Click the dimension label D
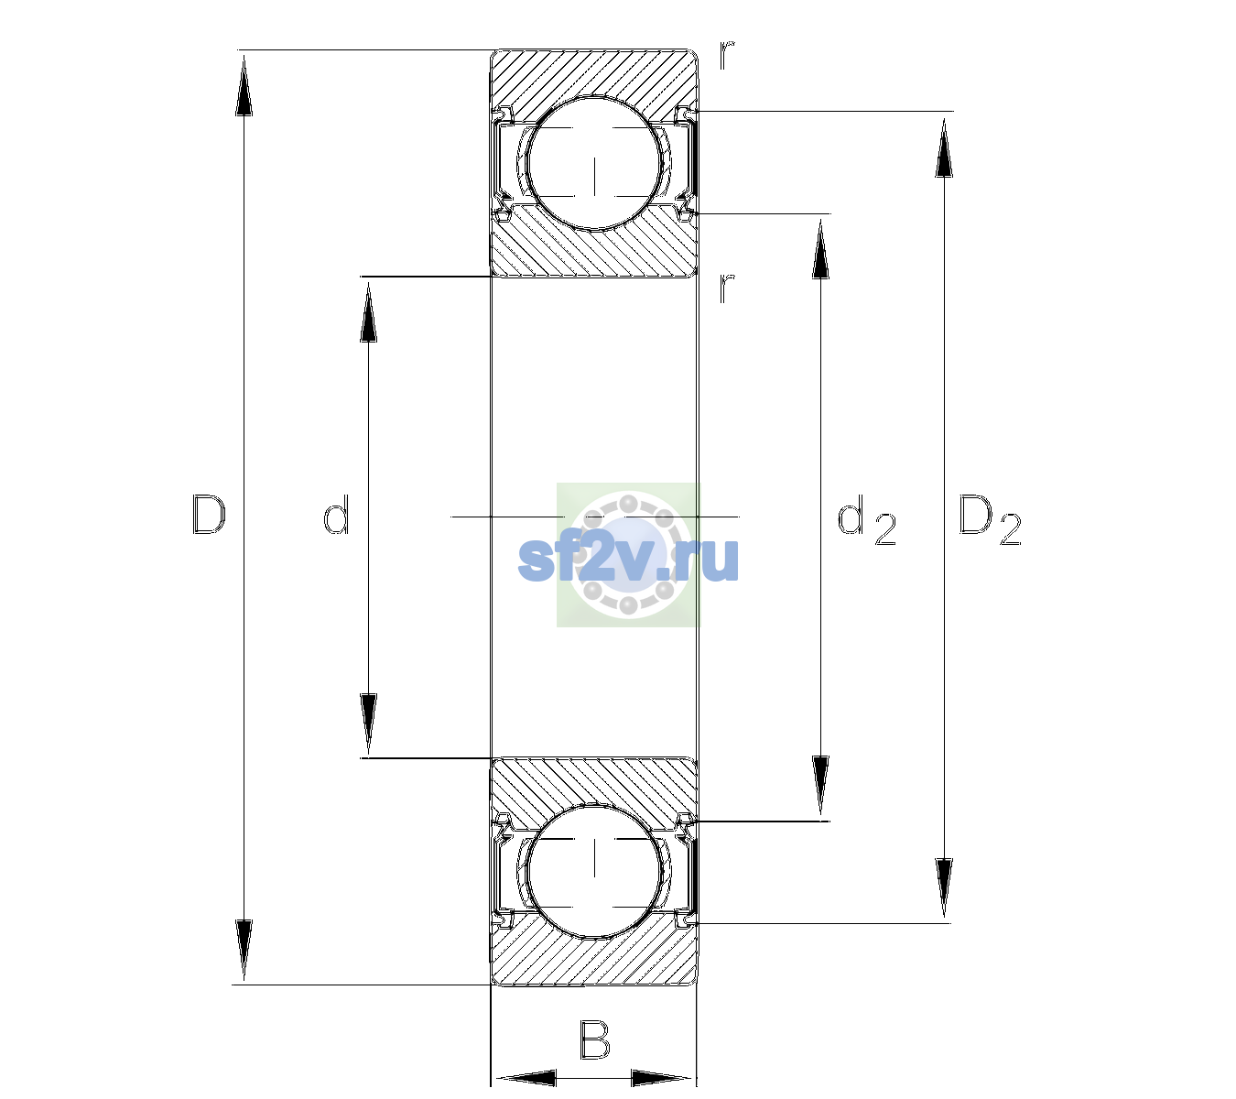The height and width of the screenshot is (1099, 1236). (x=209, y=515)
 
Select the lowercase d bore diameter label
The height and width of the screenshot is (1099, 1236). (x=336, y=515)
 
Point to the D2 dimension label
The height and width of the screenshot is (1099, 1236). (x=990, y=519)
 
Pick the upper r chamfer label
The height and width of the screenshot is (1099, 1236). (x=727, y=55)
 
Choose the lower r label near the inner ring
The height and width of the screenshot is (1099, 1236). (x=727, y=288)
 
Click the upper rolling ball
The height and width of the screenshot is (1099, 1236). (x=595, y=164)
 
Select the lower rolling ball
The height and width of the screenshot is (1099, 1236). (x=595, y=871)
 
